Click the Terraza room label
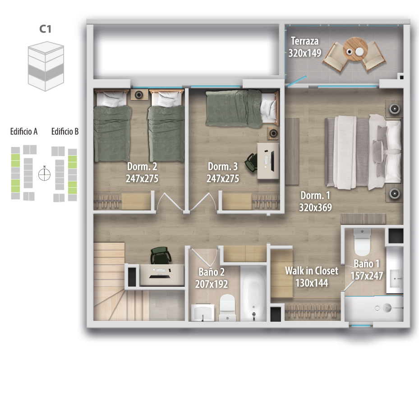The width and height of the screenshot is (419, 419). coord(304,41)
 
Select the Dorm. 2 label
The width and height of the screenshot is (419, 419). coord(142,166)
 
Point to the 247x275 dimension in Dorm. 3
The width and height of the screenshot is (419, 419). coord(223,179)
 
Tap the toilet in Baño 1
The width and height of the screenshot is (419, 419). coord(362,242)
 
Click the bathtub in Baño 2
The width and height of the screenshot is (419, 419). coord(253,294)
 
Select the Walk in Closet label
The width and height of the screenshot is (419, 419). coord(312,271)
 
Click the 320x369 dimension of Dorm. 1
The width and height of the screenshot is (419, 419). coord(315,207)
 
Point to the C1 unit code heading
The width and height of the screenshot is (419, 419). coord(45,29)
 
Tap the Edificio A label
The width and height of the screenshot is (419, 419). coord(24,131)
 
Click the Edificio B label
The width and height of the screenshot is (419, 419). coord(65,131)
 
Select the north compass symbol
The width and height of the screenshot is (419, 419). coord(44,174)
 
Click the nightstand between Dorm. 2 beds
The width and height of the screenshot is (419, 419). coord(139,95)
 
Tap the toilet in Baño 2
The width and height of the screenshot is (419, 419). coord(227,307)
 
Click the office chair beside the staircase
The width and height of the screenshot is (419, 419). coord(161,255)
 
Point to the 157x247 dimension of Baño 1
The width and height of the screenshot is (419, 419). coord(367,276)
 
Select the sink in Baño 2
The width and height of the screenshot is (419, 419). coord(203,312)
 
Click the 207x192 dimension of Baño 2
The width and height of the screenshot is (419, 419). coord(212,284)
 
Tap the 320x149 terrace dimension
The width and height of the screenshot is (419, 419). coord(304,53)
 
